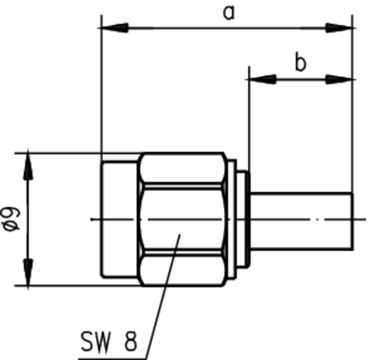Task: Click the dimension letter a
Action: coord(229,13)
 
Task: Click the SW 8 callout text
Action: coord(108,342)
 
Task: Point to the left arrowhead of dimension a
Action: coord(115,28)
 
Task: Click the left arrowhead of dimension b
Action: coord(262,80)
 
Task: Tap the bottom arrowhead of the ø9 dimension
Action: coord(28,273)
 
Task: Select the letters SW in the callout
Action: coord(95,342)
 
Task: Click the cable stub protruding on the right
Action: coord(301,220)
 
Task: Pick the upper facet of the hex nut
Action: coord(182,168)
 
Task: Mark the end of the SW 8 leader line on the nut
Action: coord(180,235)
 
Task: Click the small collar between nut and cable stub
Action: coord(242,219)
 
